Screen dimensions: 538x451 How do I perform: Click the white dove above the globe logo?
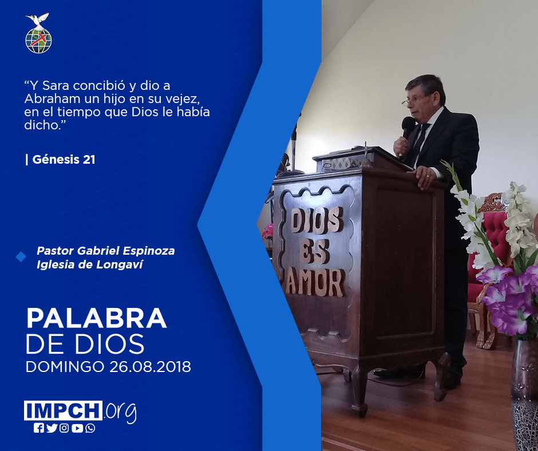click(37, 20)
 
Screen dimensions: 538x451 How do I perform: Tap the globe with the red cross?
click(38, 41)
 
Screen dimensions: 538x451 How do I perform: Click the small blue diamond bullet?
click(21, 257)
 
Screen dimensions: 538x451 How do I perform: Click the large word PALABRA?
click(96, 319)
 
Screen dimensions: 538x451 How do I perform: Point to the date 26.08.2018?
click(151, 367)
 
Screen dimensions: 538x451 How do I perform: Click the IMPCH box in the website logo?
click(63, 410)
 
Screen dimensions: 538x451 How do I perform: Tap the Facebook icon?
click(39, 428)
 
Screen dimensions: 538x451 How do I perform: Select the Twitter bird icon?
click(52, 428)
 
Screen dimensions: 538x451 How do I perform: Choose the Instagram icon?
click(64, 428)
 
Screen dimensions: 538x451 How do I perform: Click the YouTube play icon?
click(77, 428)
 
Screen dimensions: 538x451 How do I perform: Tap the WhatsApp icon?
click(90, 428)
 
